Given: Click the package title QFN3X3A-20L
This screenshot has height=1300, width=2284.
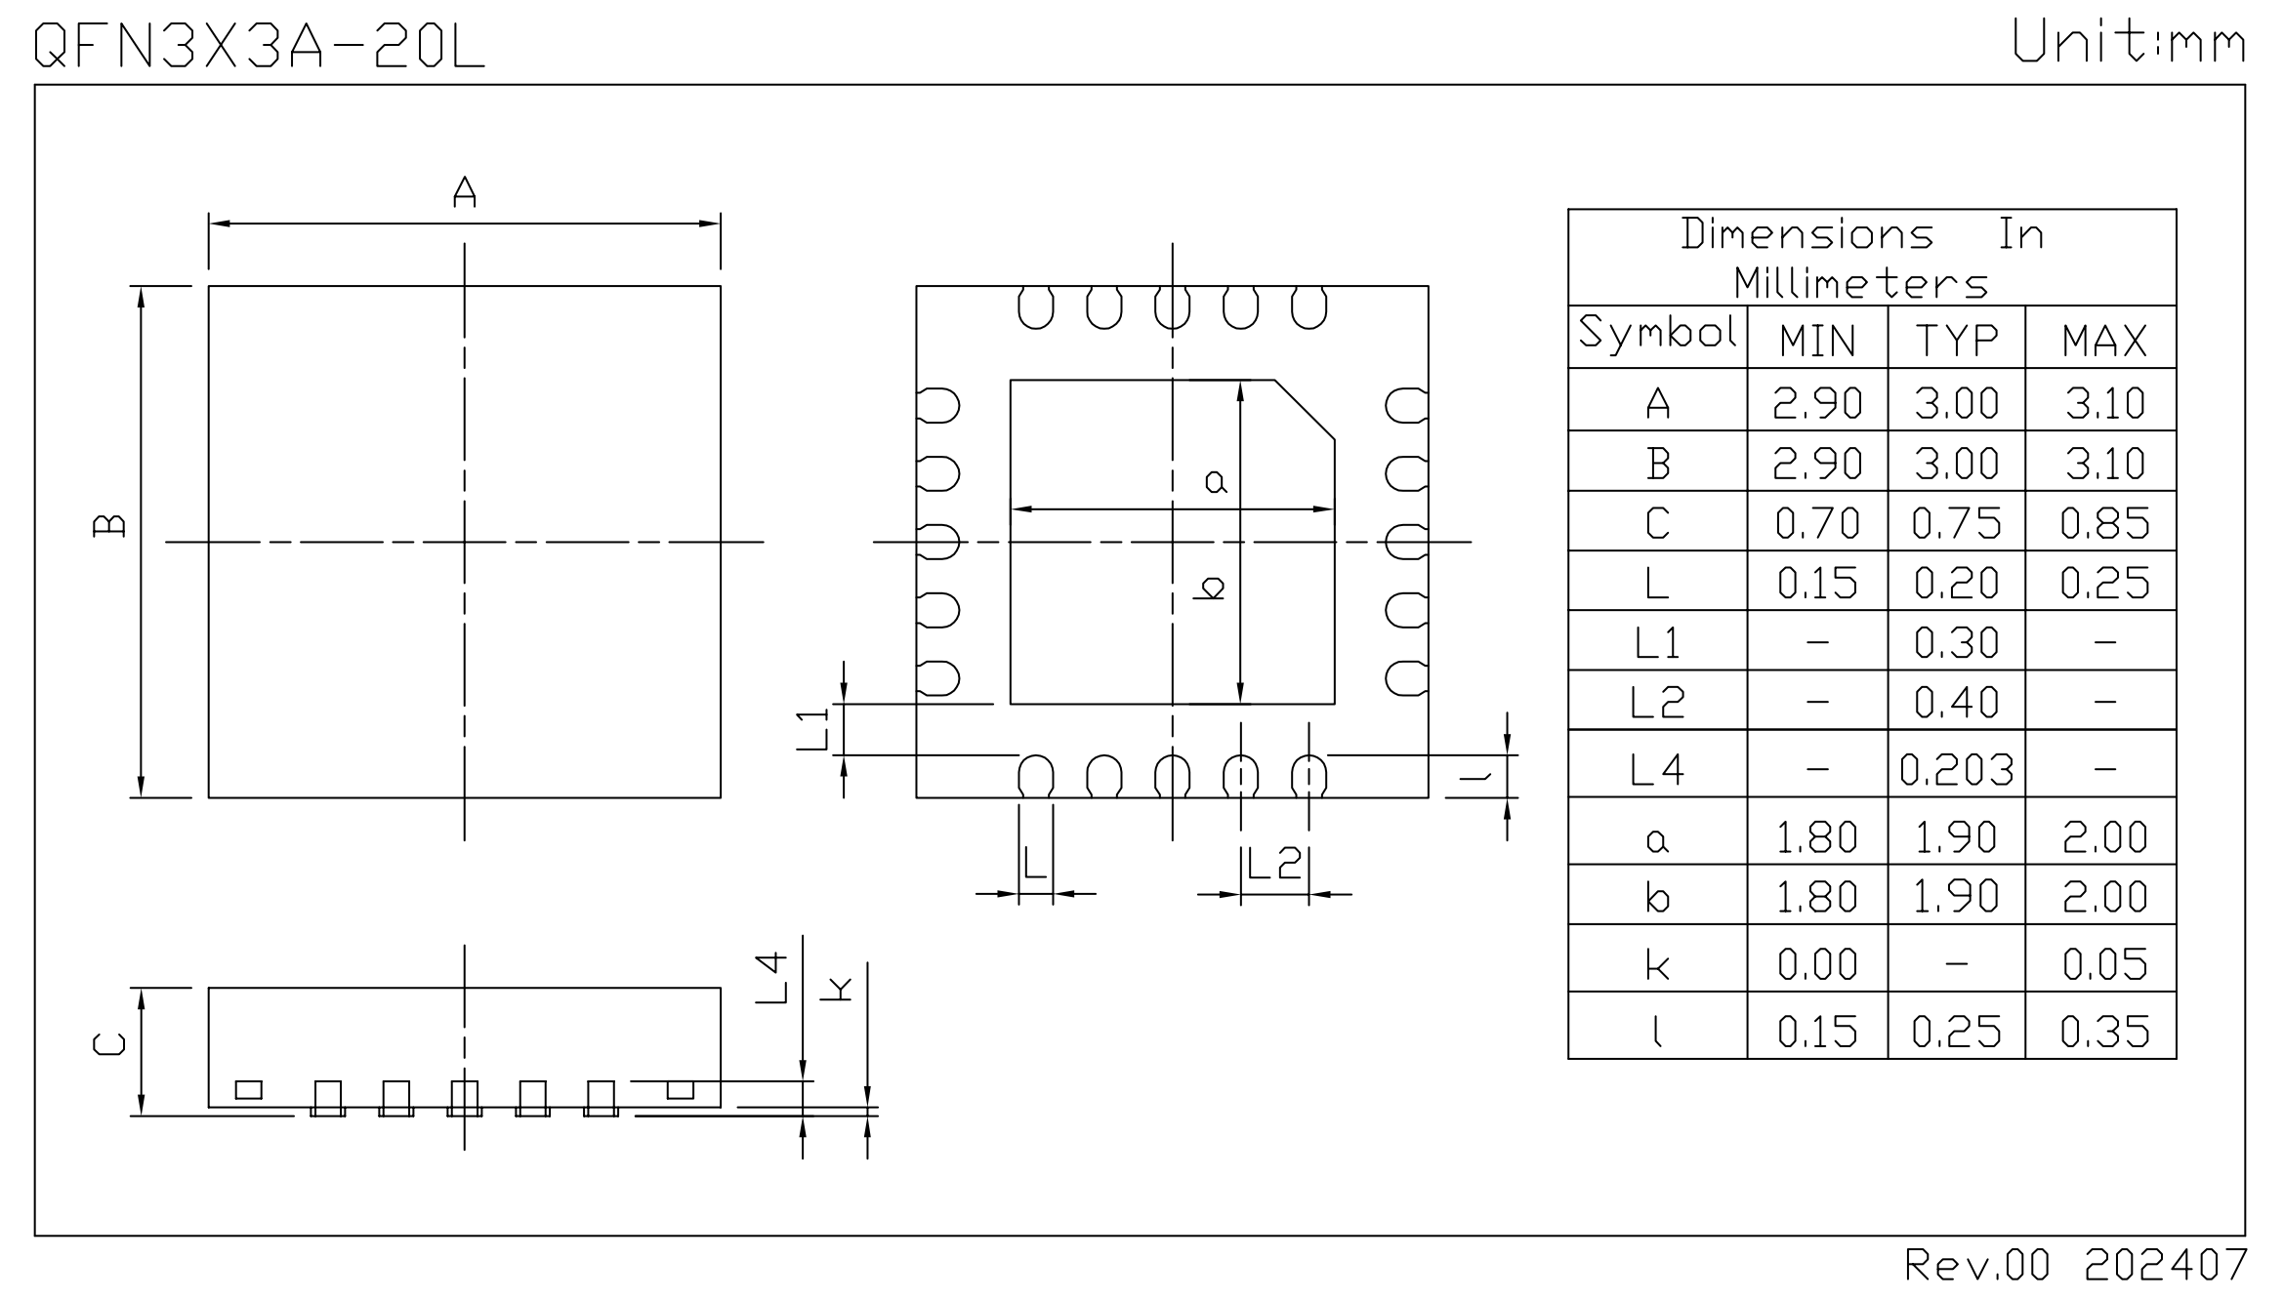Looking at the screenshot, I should [259, 46].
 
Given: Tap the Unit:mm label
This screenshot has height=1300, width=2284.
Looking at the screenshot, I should [2129, 44].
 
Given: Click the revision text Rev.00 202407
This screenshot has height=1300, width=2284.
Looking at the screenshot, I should [2076, 1265].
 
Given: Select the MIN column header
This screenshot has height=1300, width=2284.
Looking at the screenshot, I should [1817, 341].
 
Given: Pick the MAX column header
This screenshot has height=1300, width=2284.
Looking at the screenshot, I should [2104, 341].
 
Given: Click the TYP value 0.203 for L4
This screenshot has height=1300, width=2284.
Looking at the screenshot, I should [1956, 770].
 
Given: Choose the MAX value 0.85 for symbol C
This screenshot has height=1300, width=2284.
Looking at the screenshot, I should [2104, 524].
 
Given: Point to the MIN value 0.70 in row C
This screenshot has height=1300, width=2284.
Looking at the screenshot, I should [1817, 524].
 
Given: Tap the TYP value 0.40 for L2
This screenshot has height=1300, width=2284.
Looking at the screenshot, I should [1956, 702].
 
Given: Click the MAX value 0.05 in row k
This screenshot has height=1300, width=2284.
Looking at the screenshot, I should [2104, 964].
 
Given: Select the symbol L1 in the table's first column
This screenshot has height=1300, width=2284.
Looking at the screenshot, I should [1657, 643].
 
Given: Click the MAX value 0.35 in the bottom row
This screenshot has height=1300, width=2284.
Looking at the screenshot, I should [2104, 1032].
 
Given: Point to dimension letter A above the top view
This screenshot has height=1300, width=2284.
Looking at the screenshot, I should [465, 191].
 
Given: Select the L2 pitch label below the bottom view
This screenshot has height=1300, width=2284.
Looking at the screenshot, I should [1274, 864].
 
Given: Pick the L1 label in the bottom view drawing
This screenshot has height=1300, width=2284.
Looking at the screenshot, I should [812, 729].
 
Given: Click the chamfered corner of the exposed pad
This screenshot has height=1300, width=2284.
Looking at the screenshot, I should [1305, 410].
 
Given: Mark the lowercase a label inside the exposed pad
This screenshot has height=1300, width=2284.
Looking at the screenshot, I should [1215, 481].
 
